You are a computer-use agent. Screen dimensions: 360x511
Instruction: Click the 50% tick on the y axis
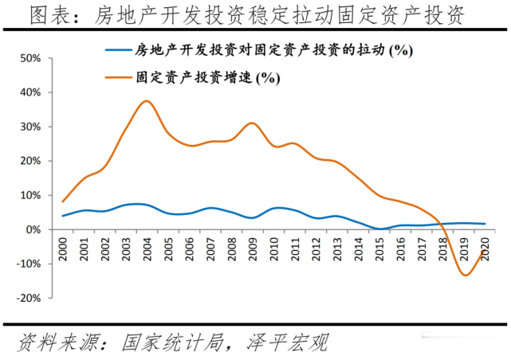tap(38, 58)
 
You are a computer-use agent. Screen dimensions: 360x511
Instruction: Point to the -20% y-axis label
tap(37, 298)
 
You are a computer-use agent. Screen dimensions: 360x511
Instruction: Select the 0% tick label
tap(43, 229)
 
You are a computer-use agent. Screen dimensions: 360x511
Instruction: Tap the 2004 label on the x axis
tap(147, 245)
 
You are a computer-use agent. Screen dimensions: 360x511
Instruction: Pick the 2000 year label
tap(63, 245)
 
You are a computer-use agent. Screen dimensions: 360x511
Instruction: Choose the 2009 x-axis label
tap(251, 245)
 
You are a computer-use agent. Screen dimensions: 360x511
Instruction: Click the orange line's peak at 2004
tap(146, 101)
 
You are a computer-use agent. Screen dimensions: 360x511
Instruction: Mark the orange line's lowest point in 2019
tap(465, 276)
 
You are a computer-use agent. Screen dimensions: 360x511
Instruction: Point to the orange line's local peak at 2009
tap(251, 123)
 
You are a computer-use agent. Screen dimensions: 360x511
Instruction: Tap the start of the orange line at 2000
tap(63, 201)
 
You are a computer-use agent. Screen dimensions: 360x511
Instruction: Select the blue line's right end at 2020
tap(485, 224)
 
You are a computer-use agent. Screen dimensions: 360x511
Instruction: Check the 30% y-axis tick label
tap(38, 127)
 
